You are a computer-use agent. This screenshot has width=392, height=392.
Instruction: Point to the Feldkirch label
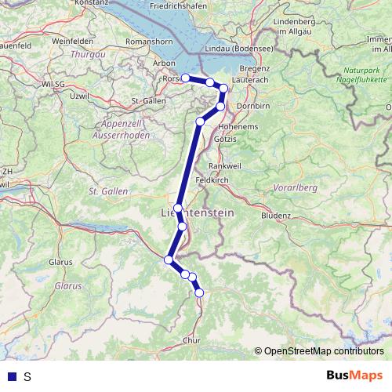click(x=212, y=180)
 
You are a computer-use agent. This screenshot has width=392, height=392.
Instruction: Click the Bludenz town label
click(x=275, y=215)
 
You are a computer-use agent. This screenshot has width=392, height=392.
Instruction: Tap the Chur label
click(x=191, y=340)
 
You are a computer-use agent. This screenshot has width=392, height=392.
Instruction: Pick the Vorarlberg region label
click(x=293, y=188)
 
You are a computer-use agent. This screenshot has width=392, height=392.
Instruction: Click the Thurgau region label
click(x=87, y=55)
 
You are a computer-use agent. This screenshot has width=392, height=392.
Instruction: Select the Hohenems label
click(x=241, y=124)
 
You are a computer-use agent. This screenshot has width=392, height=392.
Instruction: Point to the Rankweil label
click(x=226, y=165)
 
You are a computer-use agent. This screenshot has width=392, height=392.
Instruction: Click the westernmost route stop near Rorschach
click(x=185, y=78)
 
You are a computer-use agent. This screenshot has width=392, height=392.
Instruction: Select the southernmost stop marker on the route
click(x=199, y=292)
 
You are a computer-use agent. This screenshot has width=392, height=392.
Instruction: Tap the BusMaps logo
click(x=354, y=376)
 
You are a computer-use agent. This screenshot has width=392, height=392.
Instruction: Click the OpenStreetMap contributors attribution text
click(x=323, y=350)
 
